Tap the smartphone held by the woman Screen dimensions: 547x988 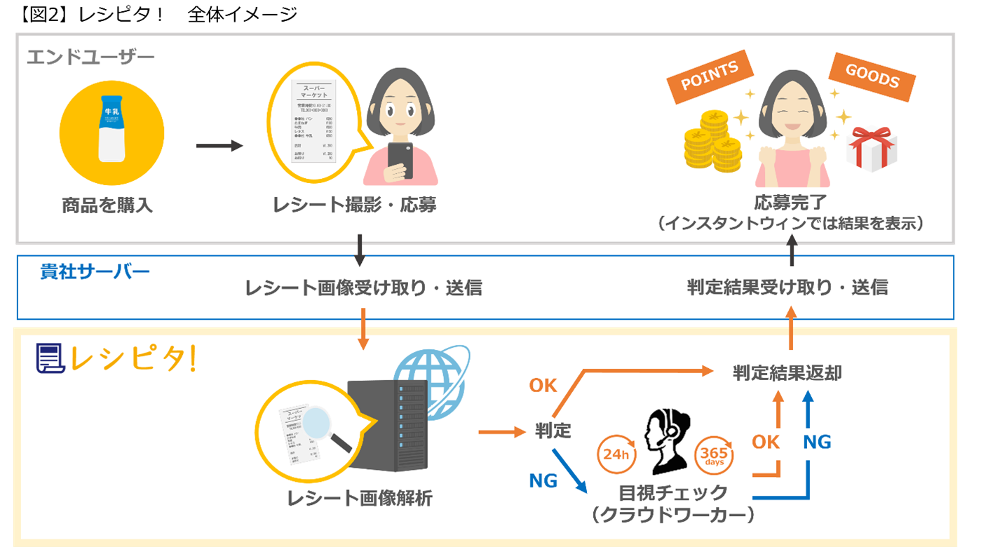[x=401, y=161]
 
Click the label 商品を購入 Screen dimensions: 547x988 [x=107, y=205]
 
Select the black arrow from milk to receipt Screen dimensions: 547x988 [x=219, y=146]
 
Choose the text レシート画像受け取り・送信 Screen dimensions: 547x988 [x=363, y=288]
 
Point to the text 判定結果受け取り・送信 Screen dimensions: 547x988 [x=787, y=287]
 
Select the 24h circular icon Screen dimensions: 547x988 [x=615, y=454]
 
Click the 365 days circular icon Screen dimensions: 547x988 [x=714, y=455]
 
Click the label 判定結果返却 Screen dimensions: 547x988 [x=787, y=373]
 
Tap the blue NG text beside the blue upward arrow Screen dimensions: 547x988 [x=817, y=442]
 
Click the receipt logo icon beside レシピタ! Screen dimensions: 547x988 [x=50, y=358]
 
